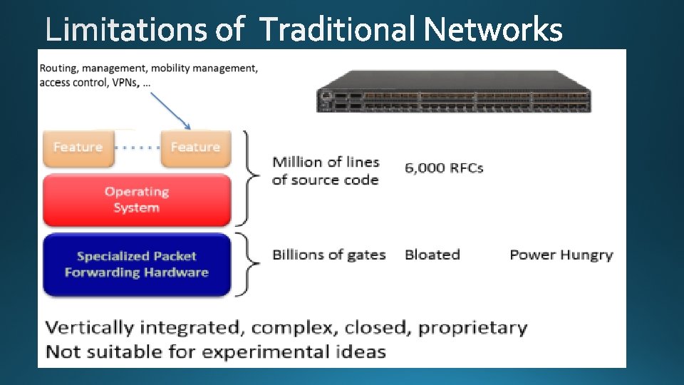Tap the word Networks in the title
click(x=492, y=31)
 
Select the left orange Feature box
click(x=78, y=148)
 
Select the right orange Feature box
click(x=195, y=148)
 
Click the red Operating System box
click(x=137, y=200)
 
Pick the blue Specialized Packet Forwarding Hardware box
click(x=137, y=264)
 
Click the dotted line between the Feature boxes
click(x=137, y=148)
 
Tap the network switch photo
click(x=454, y=91)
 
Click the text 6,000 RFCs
click(x=444, y=168)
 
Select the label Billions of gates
click(x=328, y=255)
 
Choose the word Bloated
click(x=432, y=255)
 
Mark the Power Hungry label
click(x=561, y=255)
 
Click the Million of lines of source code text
click(x=325, y=171)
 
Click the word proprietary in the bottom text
click(x=472, y=328)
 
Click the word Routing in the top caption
click(x=60, y=68)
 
